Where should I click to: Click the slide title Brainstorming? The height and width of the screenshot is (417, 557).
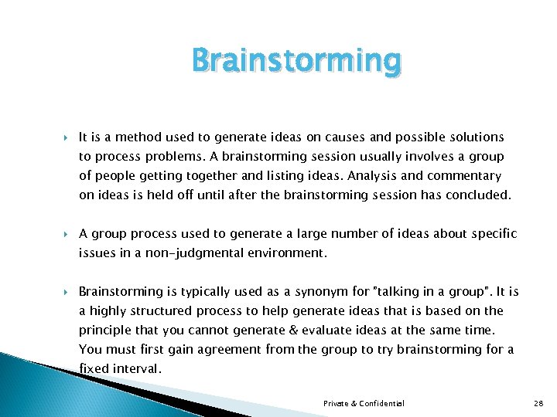click(x=296, y=60)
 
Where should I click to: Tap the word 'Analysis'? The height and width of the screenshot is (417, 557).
click(x=363, y=176)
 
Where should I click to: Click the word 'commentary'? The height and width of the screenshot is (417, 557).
click(x=463, y=176)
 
